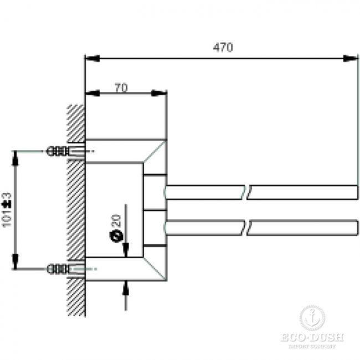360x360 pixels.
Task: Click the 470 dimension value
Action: [223, 48]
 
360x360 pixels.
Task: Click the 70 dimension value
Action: [121, 87]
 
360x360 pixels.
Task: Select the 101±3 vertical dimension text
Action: [7, 209]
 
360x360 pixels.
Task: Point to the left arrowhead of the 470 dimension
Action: [92, 58]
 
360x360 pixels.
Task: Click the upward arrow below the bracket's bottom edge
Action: [127, 287]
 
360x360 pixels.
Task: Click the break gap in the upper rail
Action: [247, 193]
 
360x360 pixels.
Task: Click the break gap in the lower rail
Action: [247, 227]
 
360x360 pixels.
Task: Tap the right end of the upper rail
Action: [356, 193]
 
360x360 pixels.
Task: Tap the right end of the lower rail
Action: [356, 227]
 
